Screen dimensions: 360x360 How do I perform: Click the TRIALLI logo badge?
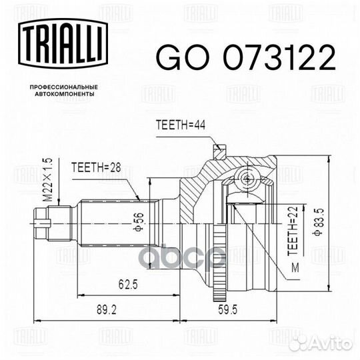click(63, 44)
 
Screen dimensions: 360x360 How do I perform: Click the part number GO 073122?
click(245, 57)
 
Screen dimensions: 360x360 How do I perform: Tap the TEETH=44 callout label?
click(181, 125)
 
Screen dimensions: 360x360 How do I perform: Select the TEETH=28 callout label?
click(96, 167)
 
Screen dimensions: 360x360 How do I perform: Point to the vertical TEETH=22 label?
click(293, 231)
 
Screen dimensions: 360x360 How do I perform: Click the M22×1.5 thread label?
click(49, 180)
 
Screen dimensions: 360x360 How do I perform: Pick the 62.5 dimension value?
click(128, 285)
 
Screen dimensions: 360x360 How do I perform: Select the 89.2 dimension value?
click(107, 310)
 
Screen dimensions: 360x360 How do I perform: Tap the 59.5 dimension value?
click(227, 310)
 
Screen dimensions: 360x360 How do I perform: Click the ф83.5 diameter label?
click(319, 221)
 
